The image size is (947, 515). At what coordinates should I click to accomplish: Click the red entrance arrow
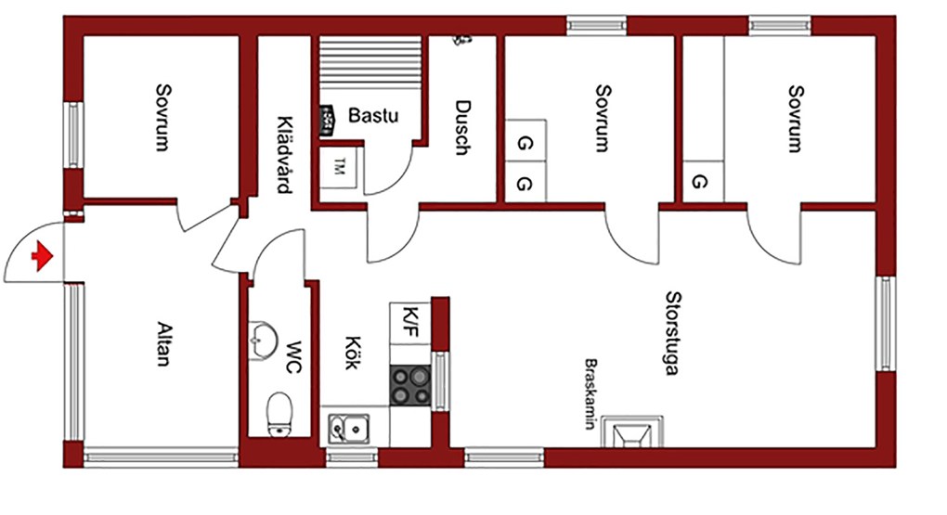[43, 256]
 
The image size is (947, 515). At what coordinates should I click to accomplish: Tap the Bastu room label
[373, 115]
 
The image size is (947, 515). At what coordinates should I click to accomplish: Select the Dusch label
[462, 127]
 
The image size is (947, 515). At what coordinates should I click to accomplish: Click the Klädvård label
[285, 155]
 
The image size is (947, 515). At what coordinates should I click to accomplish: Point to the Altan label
[164, 344]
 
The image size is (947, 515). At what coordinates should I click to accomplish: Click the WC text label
[293, 357]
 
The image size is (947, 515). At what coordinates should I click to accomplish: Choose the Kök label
[354, 353]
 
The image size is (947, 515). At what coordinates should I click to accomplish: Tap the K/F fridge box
[410, 323]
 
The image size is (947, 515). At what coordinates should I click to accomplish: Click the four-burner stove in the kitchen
[410, 385]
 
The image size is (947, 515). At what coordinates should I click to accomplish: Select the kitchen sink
[349, 429]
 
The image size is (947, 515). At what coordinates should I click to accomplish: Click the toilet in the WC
[279, 414]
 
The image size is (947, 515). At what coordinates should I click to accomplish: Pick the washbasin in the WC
[262, 340]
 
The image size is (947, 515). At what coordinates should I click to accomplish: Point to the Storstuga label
[673, 333]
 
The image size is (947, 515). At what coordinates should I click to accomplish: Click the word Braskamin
[590, 393]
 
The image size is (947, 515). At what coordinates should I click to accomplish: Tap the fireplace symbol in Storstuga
[632, 431]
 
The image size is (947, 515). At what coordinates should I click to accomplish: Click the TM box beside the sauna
[338, 167]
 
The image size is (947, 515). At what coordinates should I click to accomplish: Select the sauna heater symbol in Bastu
[327, 119]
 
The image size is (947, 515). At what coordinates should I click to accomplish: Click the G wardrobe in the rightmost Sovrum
[703, 181]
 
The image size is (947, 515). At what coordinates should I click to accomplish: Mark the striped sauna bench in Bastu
[370, 63]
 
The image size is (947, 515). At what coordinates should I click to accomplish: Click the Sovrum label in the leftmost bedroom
[163, 117]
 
